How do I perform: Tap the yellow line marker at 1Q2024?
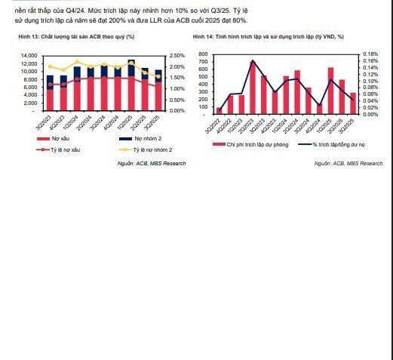point(77,62)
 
